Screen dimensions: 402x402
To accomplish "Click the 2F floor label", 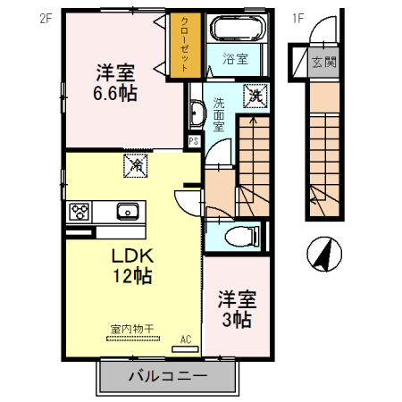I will pyautogui.click(x=46, y=16).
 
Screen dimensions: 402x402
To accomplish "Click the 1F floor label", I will pyautogui.click(x=297, y=16).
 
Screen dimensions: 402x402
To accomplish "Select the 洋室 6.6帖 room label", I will pyautogui.click(x=116, y=80).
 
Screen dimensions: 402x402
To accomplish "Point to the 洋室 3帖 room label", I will pyautogui.click(x=237, y=308).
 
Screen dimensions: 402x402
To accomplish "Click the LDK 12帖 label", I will pyautogui.click(x=130, y=265).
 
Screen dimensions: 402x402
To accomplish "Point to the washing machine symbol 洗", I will pyautogui.click(x=254, y=93).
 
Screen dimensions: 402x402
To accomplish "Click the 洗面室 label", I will pyautogui.click(x=218, y=113).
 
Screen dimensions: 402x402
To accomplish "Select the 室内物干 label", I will pyautogui.click(x=132, y=329).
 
